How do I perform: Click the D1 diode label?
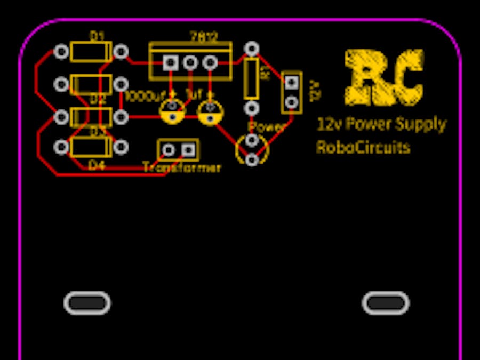[x=97, y=36]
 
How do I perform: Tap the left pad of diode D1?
[x=61, y=52]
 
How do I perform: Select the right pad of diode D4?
[x=122, y=147]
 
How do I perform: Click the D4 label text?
[x=97, y=166]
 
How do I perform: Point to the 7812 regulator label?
[x=204, y=37]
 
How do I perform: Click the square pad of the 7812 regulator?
[x=171, y=63]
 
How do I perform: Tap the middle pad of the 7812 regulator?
[x=190, y=63]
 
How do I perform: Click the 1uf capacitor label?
[x=194, y=95]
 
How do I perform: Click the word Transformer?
[x=182, y=167]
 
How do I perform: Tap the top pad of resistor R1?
[x=252, y=49]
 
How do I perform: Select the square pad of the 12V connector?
[x=291, y=82]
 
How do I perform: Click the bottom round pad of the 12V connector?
[x=291, y=102]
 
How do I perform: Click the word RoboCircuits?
[x=363, y=147]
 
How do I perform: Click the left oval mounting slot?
[x=87, y=303]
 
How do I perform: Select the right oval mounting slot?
[x=386, y=303]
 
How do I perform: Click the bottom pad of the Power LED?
[x=252, y=158]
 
